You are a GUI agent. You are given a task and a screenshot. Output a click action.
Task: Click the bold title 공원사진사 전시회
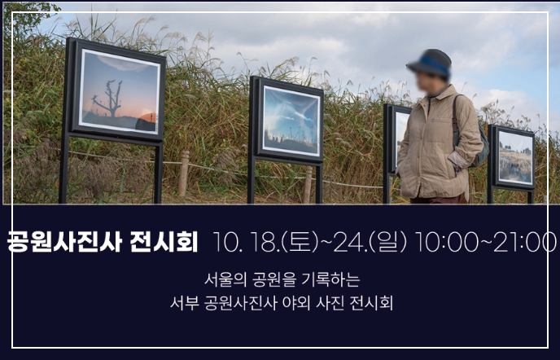(103, 242)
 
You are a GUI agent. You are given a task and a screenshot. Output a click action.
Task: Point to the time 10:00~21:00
(485, 242)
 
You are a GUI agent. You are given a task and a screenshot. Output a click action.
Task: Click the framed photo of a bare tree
(119, 91)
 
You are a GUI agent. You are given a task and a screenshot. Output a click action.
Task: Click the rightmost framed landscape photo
(514, 156)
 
